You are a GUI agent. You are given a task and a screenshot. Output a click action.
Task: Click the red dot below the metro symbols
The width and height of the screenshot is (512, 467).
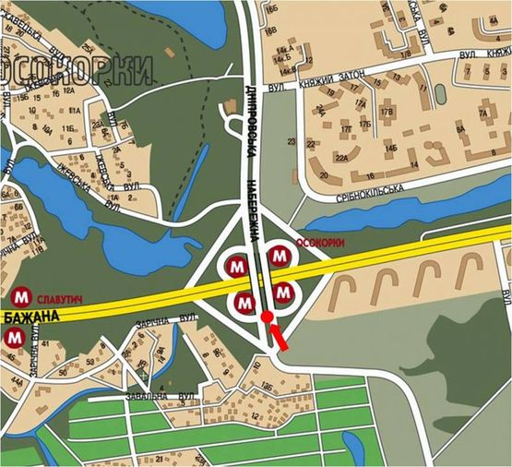[267, 317]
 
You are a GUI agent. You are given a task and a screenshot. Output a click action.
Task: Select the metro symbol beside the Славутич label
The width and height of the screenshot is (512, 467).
[21, 297]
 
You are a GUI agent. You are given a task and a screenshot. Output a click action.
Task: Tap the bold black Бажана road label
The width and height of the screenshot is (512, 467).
[30, 317]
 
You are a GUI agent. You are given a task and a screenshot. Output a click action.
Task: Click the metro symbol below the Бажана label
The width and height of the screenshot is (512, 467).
[14, 339]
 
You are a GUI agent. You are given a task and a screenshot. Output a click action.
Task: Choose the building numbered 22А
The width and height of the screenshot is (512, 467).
[341, 159]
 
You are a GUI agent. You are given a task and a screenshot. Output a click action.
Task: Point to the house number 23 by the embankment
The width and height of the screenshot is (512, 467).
[291, 141]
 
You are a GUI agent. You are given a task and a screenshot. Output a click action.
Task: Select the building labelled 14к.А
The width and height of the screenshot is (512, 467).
[282, 47]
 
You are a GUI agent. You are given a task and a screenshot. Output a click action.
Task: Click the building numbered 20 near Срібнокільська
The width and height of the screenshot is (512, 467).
[324, 173]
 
